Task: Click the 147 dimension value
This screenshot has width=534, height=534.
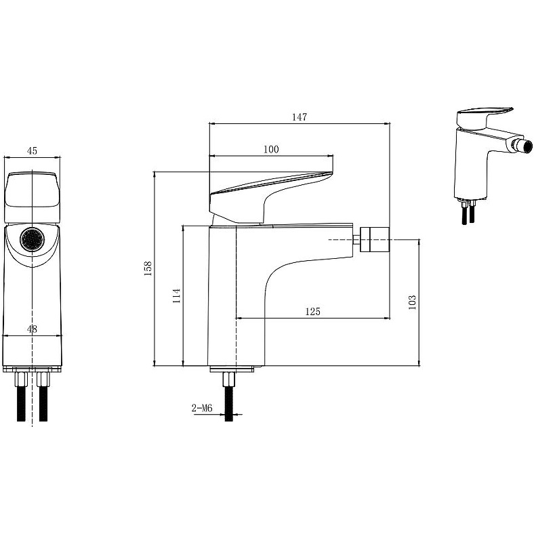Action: click(x=300, y=117)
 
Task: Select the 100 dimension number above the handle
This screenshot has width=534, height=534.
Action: click(x=271, y=149)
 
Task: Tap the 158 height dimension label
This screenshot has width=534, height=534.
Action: click(x=148, y=268)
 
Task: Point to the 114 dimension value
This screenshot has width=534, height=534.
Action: click(x=176, y=295)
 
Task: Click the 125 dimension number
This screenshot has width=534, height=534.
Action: click(x=312, y=311)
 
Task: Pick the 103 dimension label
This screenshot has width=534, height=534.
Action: click(x=412, y=302)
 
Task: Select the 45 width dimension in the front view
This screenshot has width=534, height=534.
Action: click(x=32, y=150)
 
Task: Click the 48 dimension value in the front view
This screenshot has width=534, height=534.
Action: click(x=32, y=329)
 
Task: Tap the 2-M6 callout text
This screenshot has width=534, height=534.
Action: click(x=202, y=408)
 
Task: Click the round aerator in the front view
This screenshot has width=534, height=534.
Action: click(x=33, y=239)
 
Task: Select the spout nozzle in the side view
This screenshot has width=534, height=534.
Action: click(x=374, y=239)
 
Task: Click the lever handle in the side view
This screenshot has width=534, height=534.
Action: click(x=271, y=197)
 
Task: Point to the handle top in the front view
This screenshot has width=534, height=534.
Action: click(x=33, y=197)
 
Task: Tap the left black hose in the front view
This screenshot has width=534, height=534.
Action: click(x=22, y=404)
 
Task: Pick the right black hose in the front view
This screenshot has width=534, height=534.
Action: click(x=43, y=404)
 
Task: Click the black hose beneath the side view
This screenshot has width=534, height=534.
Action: click(x=229, y=404)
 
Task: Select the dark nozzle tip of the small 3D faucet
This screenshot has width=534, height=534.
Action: click(x=527, y=147)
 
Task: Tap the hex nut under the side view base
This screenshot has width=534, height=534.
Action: click(x=228, y=379)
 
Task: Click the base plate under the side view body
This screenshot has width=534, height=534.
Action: click(x=232, y=369)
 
